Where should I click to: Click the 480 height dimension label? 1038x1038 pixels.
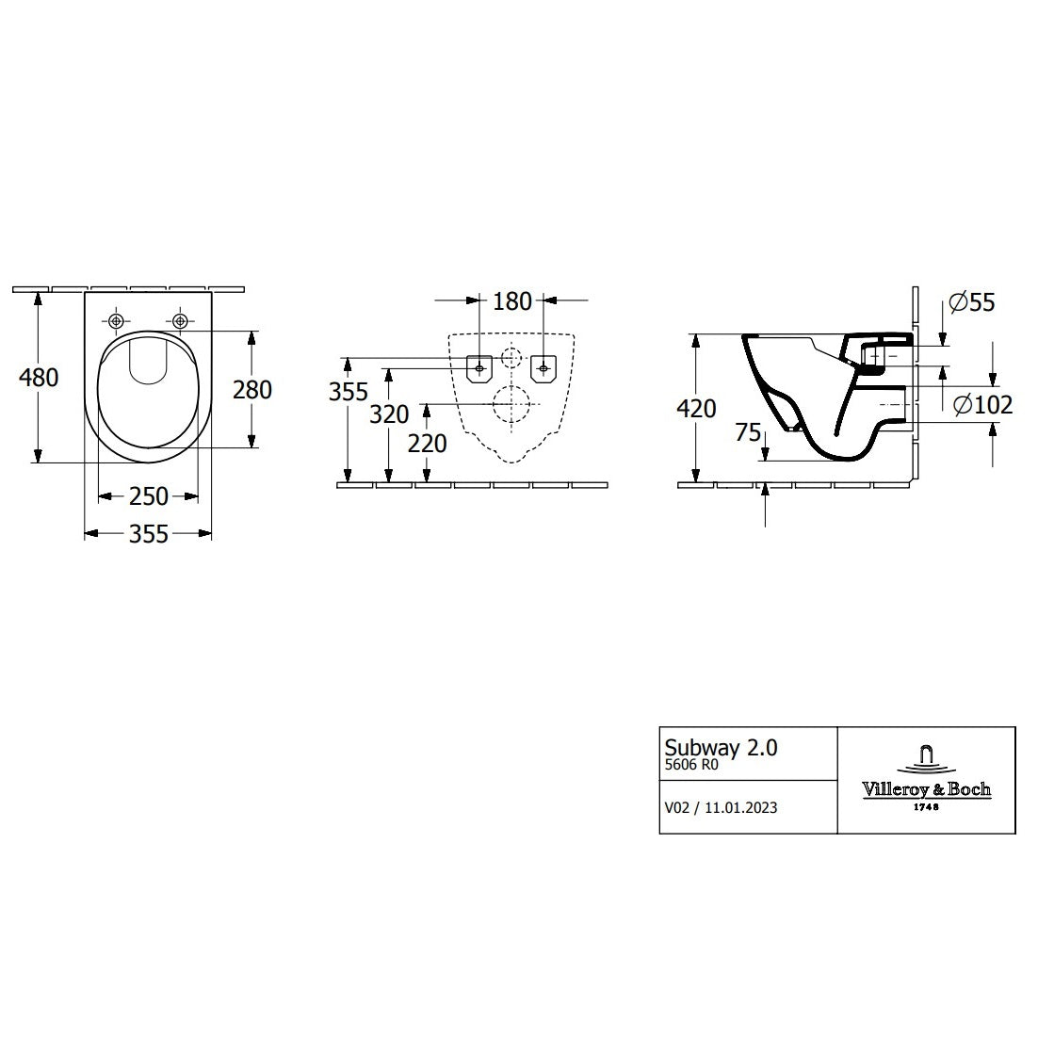[39, 377]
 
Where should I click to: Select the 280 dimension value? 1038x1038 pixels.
[251, 388]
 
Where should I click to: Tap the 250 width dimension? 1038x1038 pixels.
[148, 495]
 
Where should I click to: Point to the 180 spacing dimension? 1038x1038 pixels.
[512, 301]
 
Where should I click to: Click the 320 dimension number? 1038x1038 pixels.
[389, 414]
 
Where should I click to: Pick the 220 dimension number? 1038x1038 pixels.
[428, 442]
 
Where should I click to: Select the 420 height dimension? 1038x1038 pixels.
[696, 408]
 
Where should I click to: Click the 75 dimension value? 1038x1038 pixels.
[749, 432]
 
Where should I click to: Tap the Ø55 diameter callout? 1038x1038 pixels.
[972, 302]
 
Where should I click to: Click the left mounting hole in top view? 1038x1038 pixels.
[117, 321]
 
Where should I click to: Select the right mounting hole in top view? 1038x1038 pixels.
[179, 321]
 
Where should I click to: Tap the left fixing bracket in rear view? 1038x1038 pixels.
[479, 368]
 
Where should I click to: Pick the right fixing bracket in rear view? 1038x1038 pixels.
[543, 368]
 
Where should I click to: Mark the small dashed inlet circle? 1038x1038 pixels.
[511, 358]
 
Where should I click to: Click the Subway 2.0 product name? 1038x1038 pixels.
[722, 748]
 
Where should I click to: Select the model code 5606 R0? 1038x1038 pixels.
[691, 766]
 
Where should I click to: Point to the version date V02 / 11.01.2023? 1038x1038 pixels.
[721, 807]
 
